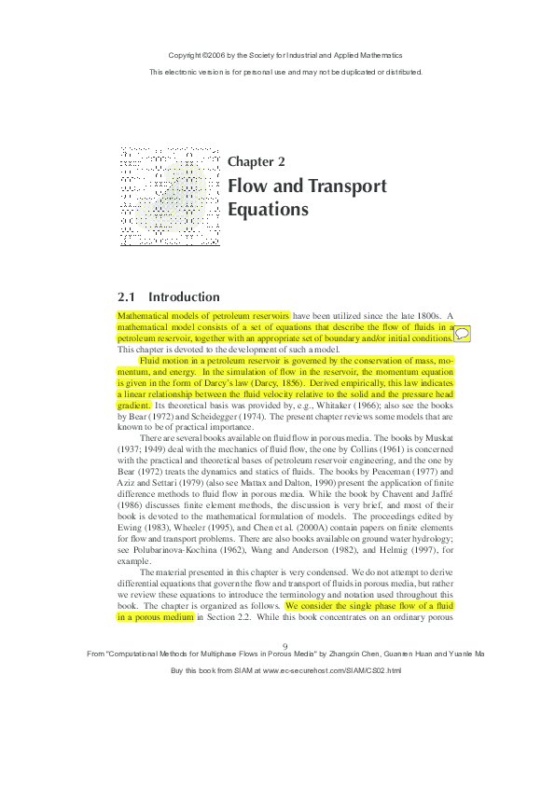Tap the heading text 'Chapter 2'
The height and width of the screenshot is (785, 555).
coord(257,161)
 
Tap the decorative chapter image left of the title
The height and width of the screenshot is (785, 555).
coord(169,195)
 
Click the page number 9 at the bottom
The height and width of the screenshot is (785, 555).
coord(285,646)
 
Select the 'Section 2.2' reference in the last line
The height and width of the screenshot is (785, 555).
coord(229,617)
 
